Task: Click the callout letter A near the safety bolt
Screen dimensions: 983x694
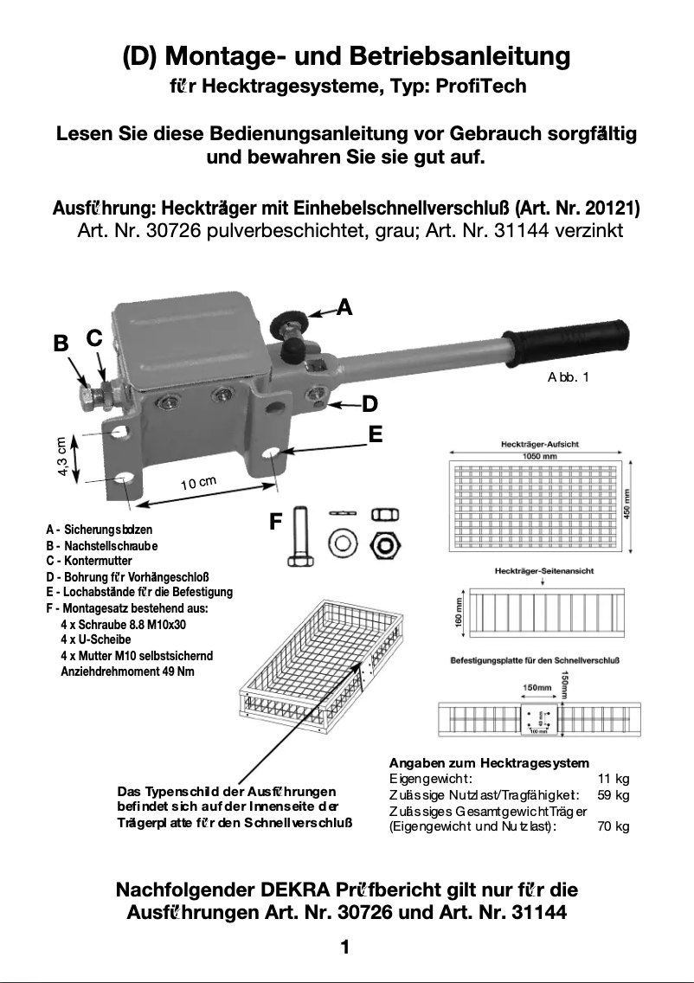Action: pyautogui.click(x=344, y=306)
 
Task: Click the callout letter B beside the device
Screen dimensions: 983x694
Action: pyautogui.click(x=61, y=343)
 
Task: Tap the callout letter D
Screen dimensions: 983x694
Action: pyautogui.click(x=369, y=403)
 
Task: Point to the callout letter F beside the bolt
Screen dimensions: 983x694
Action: pyautogui.click(x=276, y=522)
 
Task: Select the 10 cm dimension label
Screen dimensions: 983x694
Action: pyautogui.click(x=198, y=483)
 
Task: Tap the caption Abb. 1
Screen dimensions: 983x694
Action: pyautogui.click(x=569, y=377)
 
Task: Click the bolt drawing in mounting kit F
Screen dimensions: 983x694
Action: pyautogui.click(x=299, y=536)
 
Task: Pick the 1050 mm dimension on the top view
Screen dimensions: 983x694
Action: pyautogui.click(x=539, y=455)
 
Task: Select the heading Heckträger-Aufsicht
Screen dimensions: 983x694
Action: pyautogui.click(x=540, y=444)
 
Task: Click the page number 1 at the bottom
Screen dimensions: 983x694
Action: pyautogui.click(x=345, y=948)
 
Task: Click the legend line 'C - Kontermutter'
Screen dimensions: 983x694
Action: pyautogui.click(x=89, y=561)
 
